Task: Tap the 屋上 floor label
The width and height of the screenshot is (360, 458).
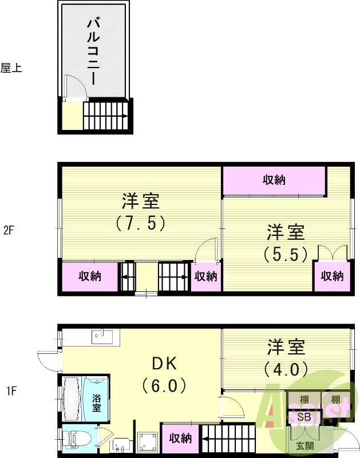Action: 11,68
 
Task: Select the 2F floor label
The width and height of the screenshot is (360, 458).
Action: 8,231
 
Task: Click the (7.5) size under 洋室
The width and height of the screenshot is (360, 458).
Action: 140,222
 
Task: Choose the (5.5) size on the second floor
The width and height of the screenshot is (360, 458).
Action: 286,253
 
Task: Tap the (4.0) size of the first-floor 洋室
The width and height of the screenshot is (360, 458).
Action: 286,368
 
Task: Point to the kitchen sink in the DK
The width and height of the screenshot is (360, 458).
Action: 97,335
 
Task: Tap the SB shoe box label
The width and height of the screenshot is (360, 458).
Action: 304,417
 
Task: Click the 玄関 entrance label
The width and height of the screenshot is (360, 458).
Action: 304,446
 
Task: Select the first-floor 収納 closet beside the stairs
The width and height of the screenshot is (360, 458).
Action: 180,439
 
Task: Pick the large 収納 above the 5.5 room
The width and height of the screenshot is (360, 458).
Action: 274,180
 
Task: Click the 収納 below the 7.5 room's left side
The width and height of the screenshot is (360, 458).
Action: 90,277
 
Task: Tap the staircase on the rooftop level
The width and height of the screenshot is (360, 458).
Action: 106,116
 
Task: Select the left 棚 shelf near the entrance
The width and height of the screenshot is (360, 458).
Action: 304,399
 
